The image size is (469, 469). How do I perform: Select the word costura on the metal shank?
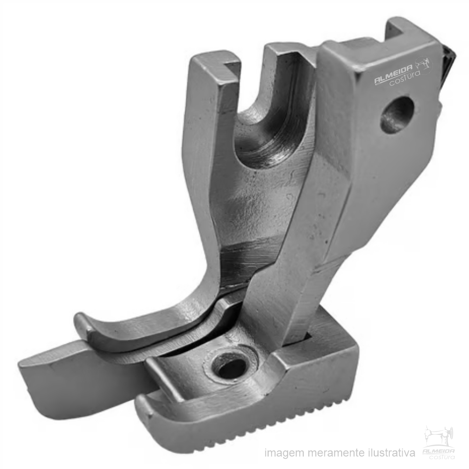pyautogui.click(x=405, y=79)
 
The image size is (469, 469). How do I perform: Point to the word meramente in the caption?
pyautogui.click(x=334, y=452)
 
